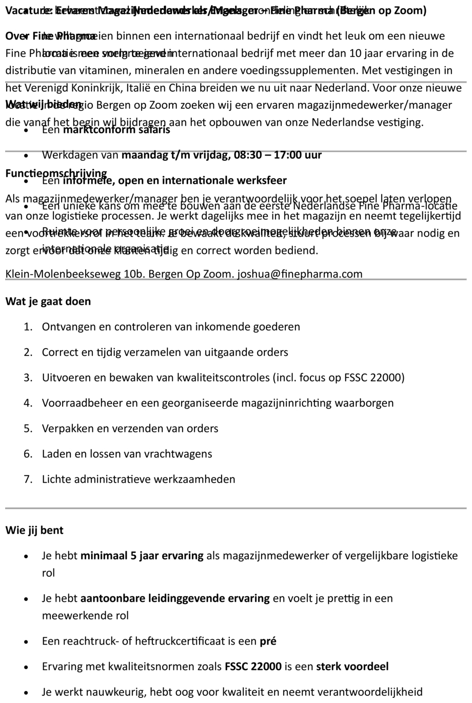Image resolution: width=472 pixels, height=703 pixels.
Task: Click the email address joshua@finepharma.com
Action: (x=300, y=274)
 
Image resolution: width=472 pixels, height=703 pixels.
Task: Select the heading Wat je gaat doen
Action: (x=48, y=301)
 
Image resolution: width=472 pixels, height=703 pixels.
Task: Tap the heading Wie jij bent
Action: (x=34, y=530)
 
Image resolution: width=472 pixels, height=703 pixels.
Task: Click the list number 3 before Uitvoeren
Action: (x=28, y=378)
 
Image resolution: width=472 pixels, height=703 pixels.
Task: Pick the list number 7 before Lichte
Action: (x=28, y=480)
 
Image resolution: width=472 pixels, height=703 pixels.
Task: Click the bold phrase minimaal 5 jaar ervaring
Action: (x=142, y=556)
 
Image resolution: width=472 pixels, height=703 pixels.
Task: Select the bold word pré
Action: (x=268, y=641)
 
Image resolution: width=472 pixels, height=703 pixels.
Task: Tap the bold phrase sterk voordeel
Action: (x=352, y=667)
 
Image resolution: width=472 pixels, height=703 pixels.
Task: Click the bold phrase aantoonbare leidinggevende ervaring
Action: (x=175, y=598)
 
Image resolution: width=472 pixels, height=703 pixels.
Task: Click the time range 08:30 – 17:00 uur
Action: (x=278, y=155)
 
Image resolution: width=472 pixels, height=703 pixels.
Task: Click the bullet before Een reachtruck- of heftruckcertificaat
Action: (x=26, y=641)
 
